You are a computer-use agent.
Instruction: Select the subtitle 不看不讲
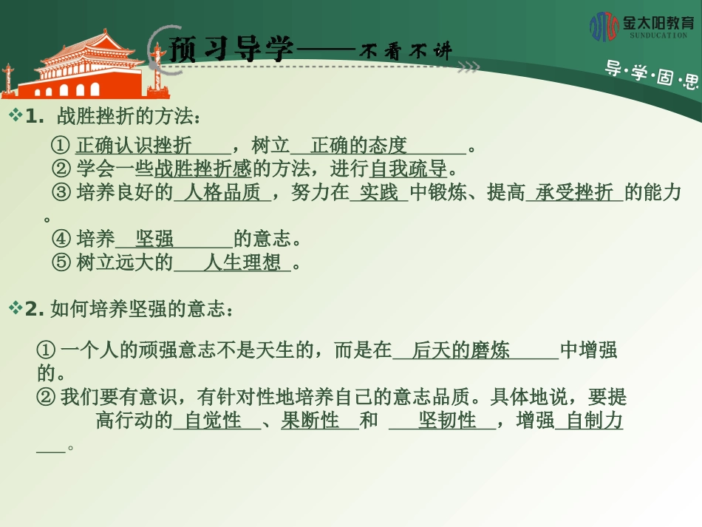click(x=405, y=51)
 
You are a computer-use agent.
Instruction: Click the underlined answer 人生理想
click(x=242, y=262)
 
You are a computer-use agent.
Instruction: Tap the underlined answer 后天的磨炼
click(x=461, y=350)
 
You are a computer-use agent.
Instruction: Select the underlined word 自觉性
click(x=213, y=421)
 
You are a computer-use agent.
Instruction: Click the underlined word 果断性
click(x=310, y=421)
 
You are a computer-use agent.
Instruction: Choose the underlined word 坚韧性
click(x=447, y=421)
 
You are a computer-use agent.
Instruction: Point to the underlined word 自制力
click(x=593, y=421)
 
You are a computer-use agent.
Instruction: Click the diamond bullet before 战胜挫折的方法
click(x=15, y=115)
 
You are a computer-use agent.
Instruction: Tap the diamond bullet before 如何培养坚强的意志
click(x=15, y=309)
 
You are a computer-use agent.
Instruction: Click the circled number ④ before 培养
click(x=61, y=239)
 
